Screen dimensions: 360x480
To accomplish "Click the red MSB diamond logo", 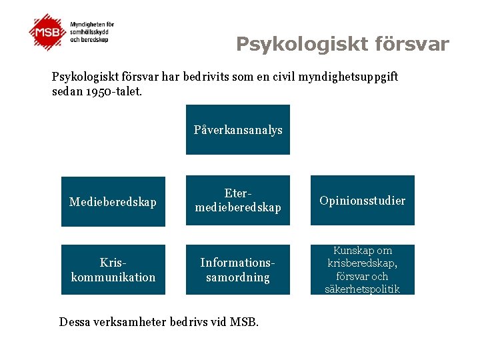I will [x=48, y=31].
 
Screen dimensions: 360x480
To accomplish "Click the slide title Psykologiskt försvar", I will [x=343, y=45].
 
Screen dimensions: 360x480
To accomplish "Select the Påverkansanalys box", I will [x=238, y=130].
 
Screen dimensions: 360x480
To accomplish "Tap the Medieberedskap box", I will [x=113, y=201].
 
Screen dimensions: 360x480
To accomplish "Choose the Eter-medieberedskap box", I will [x=238, y=201].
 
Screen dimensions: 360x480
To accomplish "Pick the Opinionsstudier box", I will [x=362, y=201].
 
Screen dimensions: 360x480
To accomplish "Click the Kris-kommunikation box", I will [x=113, y=270].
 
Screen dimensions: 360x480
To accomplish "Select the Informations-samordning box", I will [x=238, y=270].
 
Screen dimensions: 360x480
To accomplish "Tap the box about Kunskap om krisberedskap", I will [x=362, y=269].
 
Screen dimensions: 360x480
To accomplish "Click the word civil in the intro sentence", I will [x=281, y=77].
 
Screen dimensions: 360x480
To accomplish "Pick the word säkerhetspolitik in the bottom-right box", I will [x=362, y=289].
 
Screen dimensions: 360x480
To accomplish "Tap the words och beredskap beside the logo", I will [x=89, y=39].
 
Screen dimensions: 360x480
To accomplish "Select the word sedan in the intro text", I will [x=67, y=91].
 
